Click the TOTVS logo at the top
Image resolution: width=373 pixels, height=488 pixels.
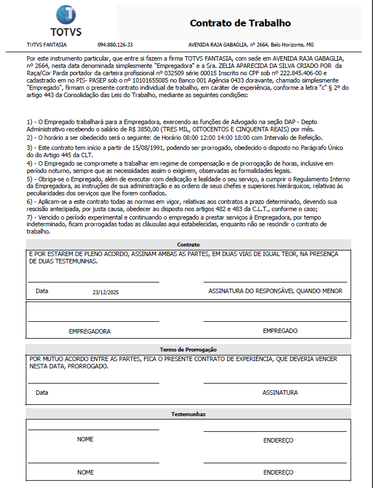(66, 21)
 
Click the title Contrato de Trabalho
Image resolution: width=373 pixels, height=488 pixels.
(240, 23)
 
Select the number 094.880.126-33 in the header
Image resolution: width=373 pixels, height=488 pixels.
(115, 44)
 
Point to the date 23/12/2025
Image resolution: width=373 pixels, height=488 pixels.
(106, 292)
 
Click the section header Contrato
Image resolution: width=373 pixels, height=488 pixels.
(188, 245)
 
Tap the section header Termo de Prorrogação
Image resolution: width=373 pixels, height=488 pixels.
(188, 349)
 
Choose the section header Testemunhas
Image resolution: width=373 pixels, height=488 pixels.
(188, 414)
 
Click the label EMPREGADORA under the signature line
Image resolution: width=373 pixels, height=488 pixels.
(90, 331)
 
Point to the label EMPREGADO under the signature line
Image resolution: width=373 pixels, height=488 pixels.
(280, 331)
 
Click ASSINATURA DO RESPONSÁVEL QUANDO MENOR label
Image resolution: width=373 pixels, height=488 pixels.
(275, 291)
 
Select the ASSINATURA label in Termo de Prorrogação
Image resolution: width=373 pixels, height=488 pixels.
(280, 393)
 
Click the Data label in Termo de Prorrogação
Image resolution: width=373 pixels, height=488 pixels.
(42, 393)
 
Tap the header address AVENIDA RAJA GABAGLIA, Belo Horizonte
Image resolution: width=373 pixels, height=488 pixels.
(251, 44)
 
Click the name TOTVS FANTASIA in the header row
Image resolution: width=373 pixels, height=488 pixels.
(47, 44)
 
